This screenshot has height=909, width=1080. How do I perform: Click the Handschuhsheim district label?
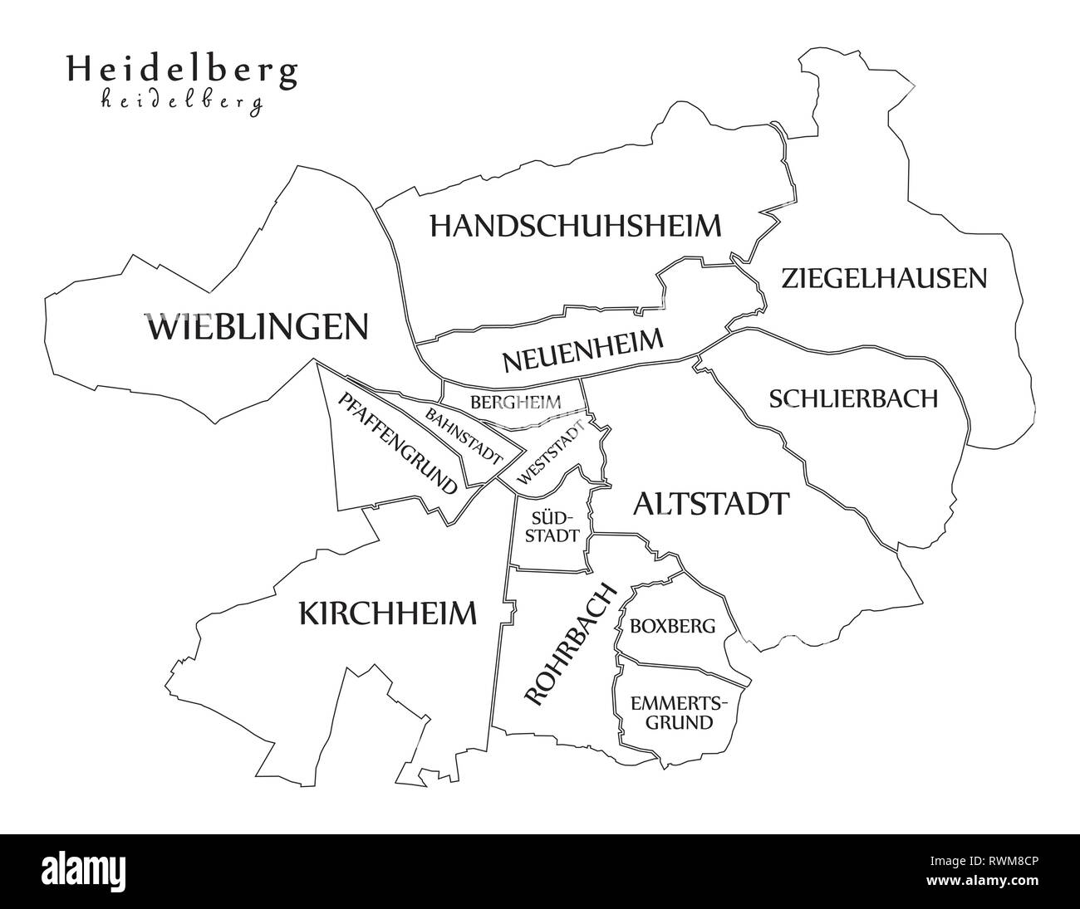[x=575, y=226]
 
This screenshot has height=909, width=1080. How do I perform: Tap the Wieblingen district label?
[x=257, y=327]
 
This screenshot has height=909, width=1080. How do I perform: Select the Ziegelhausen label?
[x=884, y=278]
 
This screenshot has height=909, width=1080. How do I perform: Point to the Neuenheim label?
[x=583, y=351]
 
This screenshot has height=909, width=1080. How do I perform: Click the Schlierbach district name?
[x=853, y=398]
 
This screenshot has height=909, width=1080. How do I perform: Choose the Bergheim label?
[x=515, y=403]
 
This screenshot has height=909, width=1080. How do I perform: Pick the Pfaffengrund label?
[x=398, y=444]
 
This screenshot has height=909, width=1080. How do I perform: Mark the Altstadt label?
[x=710, y=503]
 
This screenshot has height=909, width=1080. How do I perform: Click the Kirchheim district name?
[x=387, y=614]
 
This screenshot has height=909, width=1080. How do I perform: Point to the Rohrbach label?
[x=572, y=643]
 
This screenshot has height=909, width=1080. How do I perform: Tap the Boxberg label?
[x=672, y=626]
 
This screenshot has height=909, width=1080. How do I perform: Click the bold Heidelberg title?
[x=181, y=71]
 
